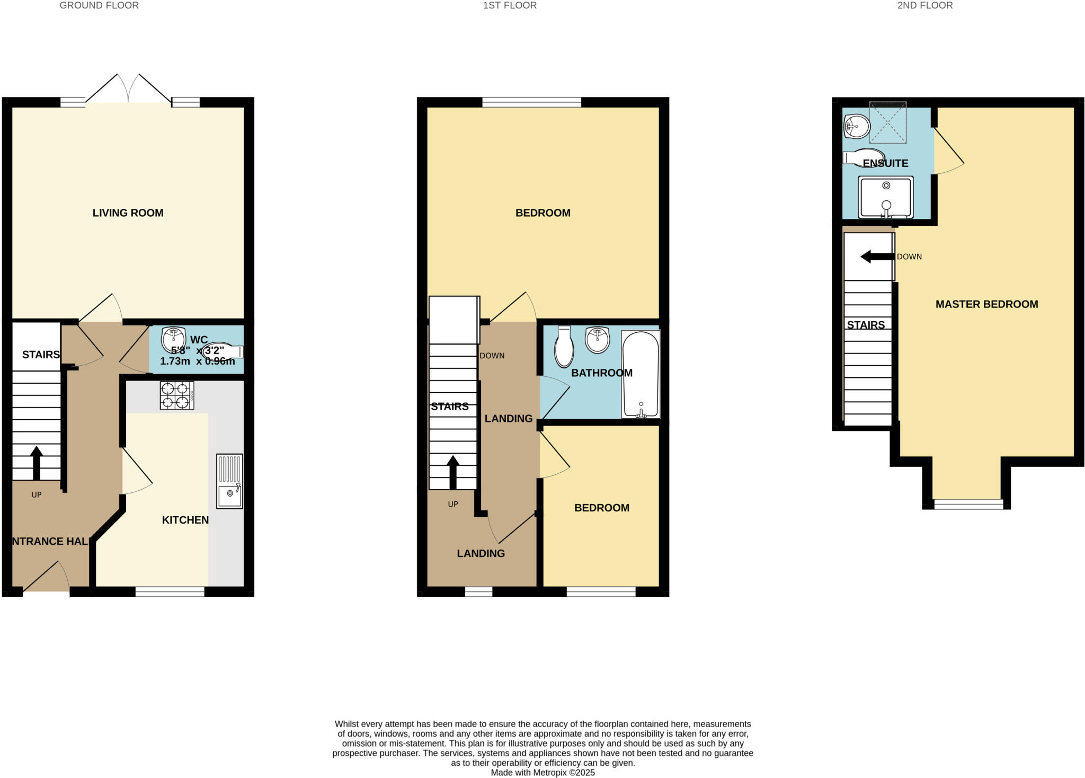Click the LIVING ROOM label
128,213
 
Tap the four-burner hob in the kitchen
177,395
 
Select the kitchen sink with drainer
230,481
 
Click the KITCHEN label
185,520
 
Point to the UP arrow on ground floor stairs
36,463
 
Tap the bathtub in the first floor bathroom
641,374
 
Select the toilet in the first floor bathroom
564,348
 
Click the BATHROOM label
601,373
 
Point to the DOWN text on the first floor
492,356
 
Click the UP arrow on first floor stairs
452,472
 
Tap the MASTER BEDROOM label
986,304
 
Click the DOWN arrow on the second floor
877,257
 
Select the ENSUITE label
885,163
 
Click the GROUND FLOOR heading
99,6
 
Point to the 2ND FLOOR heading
925,6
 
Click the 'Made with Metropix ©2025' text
542,773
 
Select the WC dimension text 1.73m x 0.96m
197,361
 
